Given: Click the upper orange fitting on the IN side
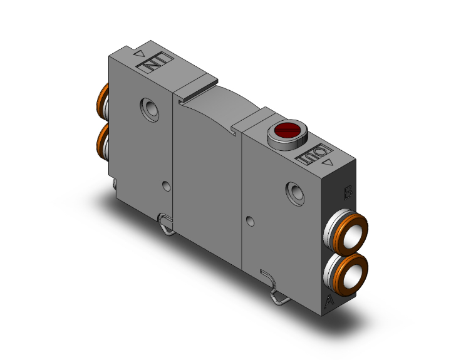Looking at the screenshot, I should tap(101, 102).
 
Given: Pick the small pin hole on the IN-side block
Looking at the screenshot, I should tap(165, 186).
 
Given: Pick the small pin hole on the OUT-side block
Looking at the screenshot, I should tap(251, 221).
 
